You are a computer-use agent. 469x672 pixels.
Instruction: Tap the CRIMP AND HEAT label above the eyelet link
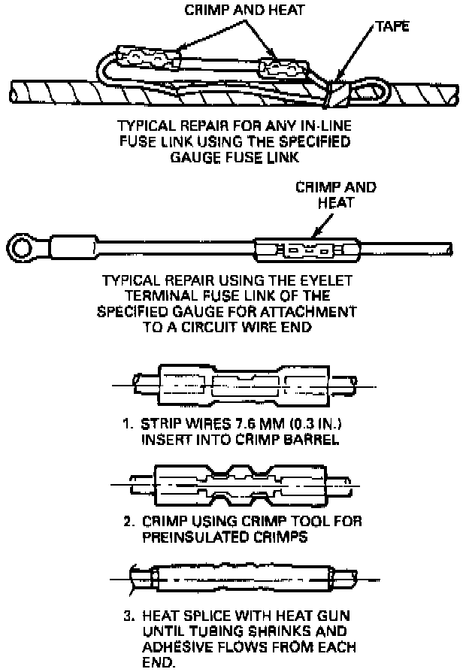(x=336, y=194)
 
